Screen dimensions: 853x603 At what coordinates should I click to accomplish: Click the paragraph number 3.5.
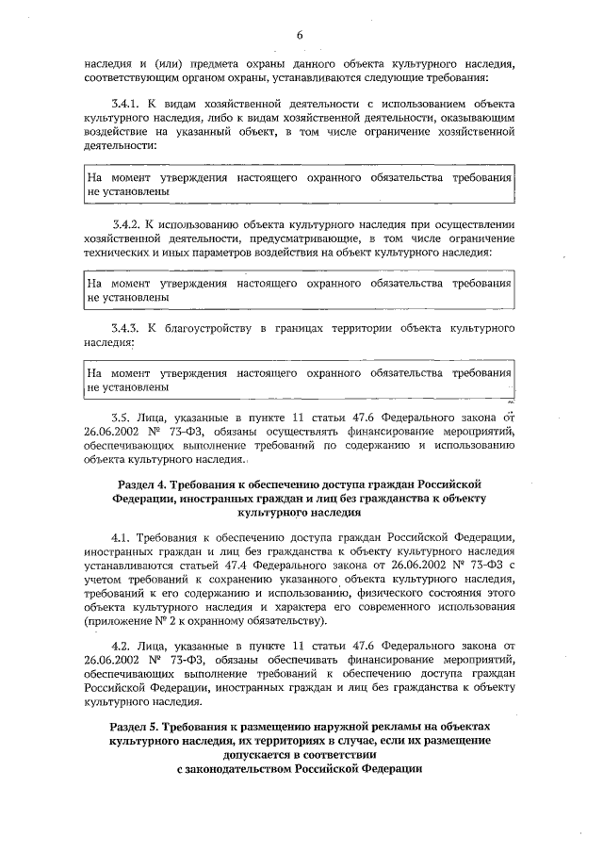[x=121, y=414]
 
